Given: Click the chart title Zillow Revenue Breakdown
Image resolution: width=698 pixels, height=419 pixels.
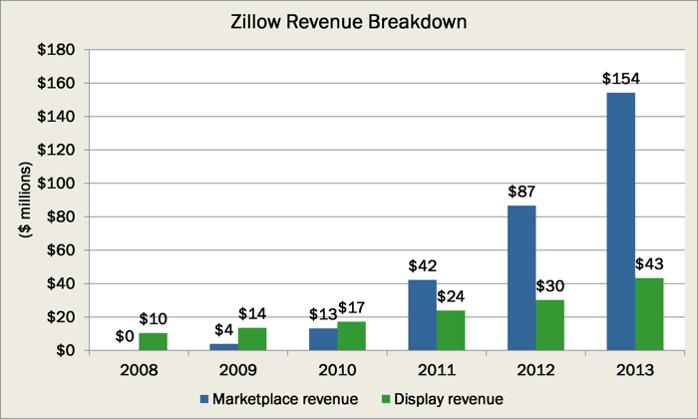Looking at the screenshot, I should pos(349,19).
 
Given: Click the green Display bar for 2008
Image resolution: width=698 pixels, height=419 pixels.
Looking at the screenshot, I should pos(153,341).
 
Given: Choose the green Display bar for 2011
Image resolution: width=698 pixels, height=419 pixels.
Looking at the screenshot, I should pos(451,330).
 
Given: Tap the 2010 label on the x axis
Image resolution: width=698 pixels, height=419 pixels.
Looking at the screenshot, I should pos(337,370).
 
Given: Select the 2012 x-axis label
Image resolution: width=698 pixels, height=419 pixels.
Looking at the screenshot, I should pos(535,370).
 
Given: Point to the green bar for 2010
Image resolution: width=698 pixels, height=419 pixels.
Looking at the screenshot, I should pos(351,335).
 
